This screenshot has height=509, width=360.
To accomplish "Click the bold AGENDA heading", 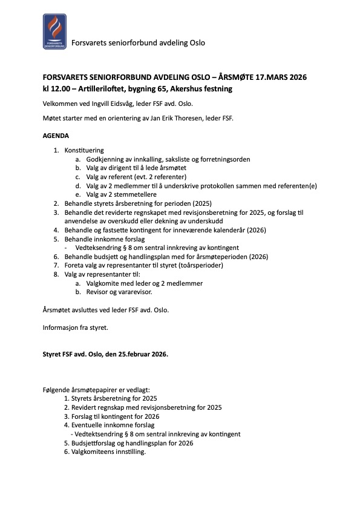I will pos(56,136).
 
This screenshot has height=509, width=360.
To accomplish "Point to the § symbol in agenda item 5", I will pos(125,248).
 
